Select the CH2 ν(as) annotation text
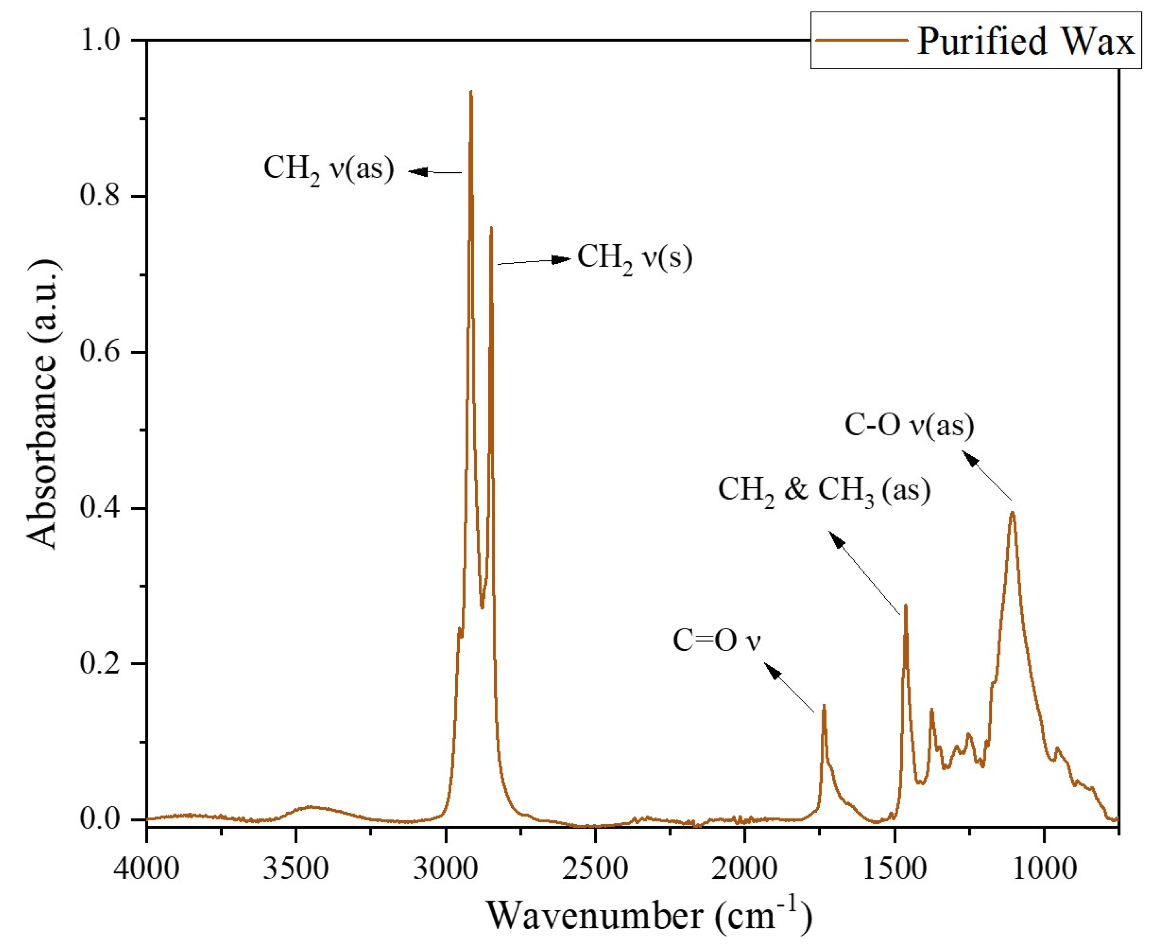[328, 169]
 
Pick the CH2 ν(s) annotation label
[634, 258]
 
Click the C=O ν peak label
[717, 640]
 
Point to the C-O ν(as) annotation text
[909, 425]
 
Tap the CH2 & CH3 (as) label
[824, 490]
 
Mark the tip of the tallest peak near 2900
[471, 91]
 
